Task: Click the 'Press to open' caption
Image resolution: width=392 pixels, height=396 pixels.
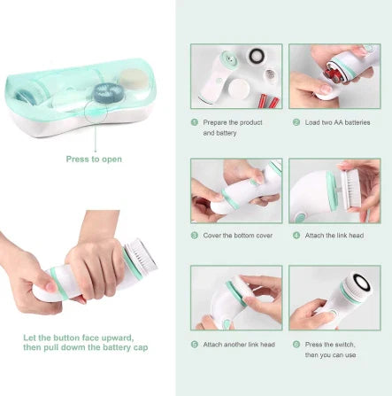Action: (x=94, y=159)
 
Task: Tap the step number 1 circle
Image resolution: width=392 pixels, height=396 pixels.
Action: (x=194, y=122)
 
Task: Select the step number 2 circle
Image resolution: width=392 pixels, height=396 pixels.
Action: (x=296, y=122)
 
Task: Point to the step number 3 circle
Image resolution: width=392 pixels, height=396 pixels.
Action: (x=194, y=236)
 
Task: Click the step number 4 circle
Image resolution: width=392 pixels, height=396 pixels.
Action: (x=296, y=236)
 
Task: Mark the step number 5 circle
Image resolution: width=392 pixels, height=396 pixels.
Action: (x=194, y=344)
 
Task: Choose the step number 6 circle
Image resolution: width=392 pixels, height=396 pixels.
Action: (x=296, y=344)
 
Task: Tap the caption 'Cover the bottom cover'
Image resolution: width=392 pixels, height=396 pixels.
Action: (x=237, y=236)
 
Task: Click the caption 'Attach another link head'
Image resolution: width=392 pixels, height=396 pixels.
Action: (x=240, y=344)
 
